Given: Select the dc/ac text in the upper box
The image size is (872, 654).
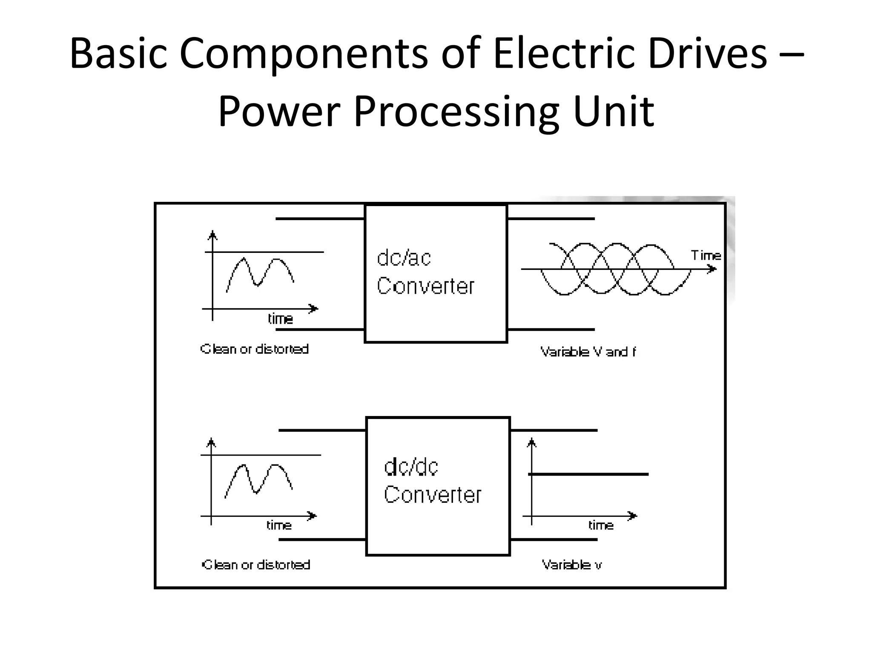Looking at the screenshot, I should tap(404, 258).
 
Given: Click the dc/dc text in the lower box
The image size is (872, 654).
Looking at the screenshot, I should tap(411, 467).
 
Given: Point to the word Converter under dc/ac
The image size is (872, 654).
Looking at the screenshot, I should tap(425, 286).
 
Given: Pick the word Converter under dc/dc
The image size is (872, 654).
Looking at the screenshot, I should tap(432, 495).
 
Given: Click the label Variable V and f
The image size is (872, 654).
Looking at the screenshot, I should tap(588, 352).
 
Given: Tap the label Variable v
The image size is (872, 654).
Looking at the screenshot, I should tap(572, 565).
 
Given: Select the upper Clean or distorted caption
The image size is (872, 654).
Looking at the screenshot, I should tap(255, 349).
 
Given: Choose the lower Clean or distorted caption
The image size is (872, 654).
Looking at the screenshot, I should tap(256, 565).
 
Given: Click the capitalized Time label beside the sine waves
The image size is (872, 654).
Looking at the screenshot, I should tap(706, 255).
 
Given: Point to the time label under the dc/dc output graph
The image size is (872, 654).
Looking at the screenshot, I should tap(601, 525).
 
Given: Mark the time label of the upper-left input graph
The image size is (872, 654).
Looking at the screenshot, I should tap(280, 319).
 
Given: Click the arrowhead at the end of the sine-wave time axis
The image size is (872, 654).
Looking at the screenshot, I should tap(712, 269).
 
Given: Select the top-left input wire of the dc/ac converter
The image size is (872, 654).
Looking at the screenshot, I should tap(320, 219).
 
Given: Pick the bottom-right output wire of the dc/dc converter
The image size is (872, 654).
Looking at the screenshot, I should tap(554, 539).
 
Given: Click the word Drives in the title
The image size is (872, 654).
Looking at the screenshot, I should tap(707, 54).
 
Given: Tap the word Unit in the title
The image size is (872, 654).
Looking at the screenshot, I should tap(613, 112).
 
